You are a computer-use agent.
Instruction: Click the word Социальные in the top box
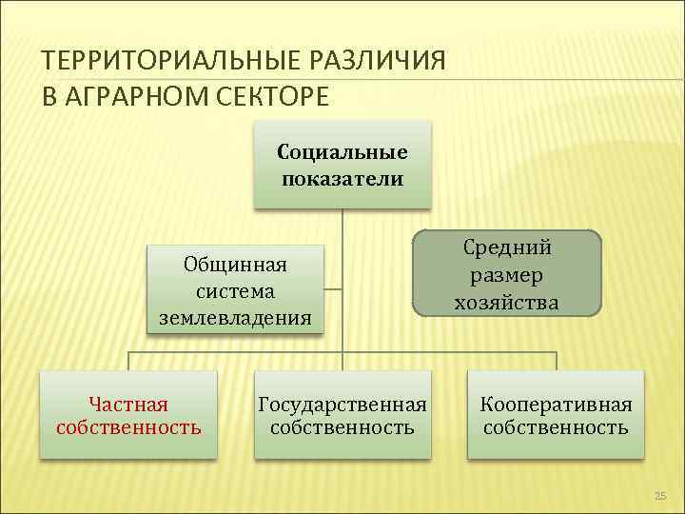(x=342, y=152)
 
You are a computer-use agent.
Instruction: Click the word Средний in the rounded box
(x=507, y=247)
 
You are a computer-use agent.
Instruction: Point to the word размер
(x=507, y=275)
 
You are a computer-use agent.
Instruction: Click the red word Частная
(x=128, y=405)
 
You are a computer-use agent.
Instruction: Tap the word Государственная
(x=342, y=405)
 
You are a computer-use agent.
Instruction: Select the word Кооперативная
(x=556, y=405)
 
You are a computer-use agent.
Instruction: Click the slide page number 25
(x=661, y=496)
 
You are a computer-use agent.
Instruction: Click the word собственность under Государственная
(x=342, y=427)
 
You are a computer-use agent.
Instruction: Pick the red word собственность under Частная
(x=128, y=427)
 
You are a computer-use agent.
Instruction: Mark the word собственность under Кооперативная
(x=556, y=427)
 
